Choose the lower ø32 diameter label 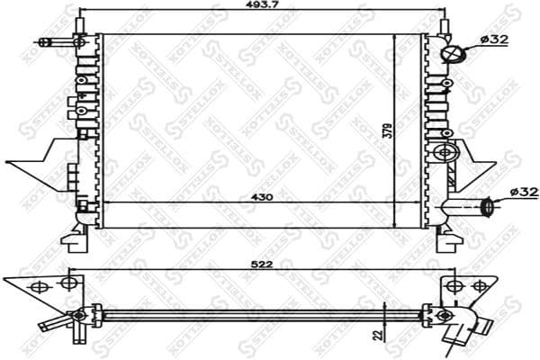(x=522, y=192)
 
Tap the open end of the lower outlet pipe (x=488, y=207)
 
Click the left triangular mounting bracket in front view (x=40, y=165)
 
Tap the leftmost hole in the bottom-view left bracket (x=38, y=288)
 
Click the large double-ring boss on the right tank (x=443, y=153)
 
